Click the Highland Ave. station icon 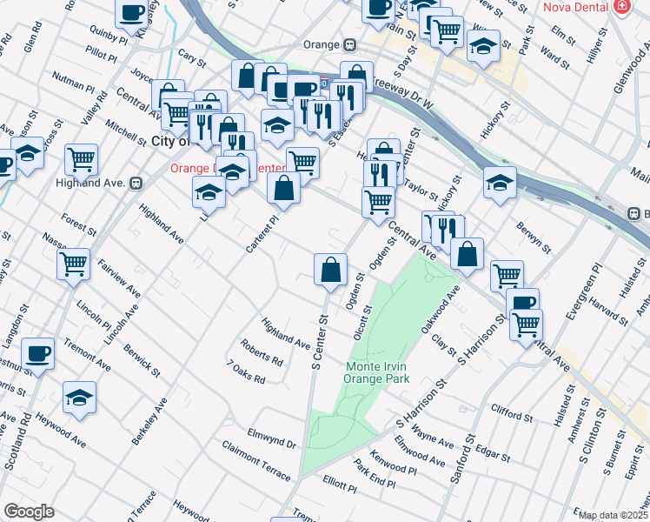pyautogui.click(x=136, y=183)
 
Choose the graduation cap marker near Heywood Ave pyautogui.click(x=79, y=397)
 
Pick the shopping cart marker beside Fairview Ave pyautogui.click(x=74, y=263)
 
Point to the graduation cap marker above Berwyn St pyautogui.click(x=500, y=182)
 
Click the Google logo pyautogui.click(x=29, y=512)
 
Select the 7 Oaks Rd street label pyautogui.click(x=245, y=372)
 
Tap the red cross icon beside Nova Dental pyautogui.click(x=621, y=7)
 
